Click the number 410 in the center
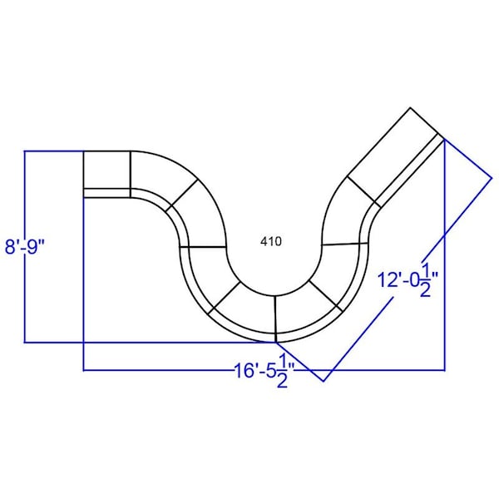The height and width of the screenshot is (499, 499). [x=271, y=241]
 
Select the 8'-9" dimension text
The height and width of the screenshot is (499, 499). [x=25, y=247]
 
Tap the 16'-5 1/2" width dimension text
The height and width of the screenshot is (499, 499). [x=264, y=371]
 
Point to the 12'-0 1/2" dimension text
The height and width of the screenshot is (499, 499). [x=408, y=280]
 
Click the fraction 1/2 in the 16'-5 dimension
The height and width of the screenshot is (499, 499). [x=282, y=371]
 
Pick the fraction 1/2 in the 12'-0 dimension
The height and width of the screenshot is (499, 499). [x=426, y=280]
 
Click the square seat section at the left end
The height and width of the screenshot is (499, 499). [x=107, y=175]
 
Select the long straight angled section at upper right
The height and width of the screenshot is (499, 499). [x=396, y=157]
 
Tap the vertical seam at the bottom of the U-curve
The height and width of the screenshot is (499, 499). [x=275, y=319]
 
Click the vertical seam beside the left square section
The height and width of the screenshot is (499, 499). [x=131, y=175]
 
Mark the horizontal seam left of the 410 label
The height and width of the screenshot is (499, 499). [x=203, y=247]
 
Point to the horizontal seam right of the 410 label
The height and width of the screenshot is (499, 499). [x=345, y=244]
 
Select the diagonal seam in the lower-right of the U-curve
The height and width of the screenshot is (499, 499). [x=325, y=296]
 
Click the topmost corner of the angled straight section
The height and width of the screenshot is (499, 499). [x=410, y=107]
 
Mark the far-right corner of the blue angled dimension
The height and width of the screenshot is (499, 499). [x=492, y=178]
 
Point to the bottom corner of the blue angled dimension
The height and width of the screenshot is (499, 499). [x=324, y=381]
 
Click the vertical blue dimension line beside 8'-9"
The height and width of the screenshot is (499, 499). [x=25, y=247]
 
